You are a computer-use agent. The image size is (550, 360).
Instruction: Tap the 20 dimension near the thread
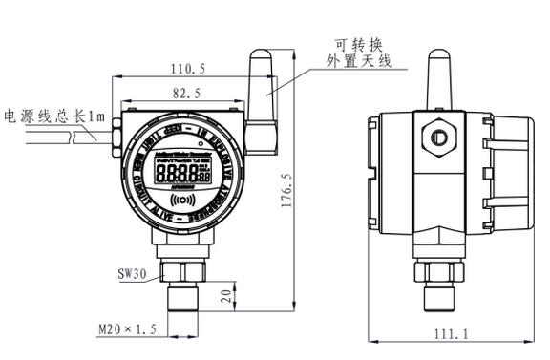pos(226,294)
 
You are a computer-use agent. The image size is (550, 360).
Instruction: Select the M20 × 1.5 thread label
pos(126,329)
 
